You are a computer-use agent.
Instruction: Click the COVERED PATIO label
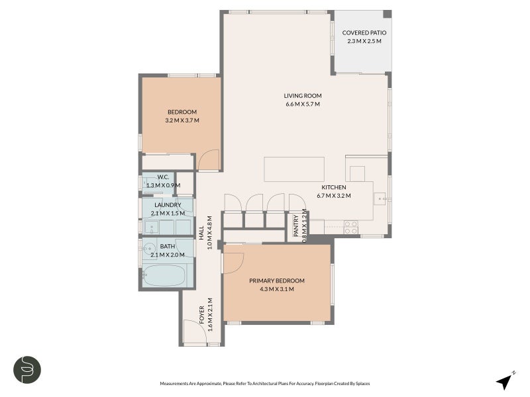(x=364, y=32)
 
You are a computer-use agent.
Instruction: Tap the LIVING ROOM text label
(x=303, y=95)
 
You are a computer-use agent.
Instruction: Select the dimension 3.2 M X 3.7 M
(x=182, y=120)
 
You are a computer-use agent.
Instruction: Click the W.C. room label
(x=164, y=177)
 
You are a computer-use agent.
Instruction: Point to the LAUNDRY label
(x=168, y=205)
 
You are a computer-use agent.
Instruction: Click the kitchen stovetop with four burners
(x=351, y=227)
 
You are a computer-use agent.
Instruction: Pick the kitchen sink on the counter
(x=380, y=197)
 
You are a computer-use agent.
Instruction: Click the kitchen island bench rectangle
(x=294, y=169)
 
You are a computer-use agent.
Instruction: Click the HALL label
(x=201, y=232)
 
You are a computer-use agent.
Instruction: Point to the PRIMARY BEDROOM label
(x=276, y=281)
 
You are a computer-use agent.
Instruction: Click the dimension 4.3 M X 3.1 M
(x=276, y=289)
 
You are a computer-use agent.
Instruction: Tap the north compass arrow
(x=505, y=380)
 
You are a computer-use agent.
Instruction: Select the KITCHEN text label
(x=332, y=187)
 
